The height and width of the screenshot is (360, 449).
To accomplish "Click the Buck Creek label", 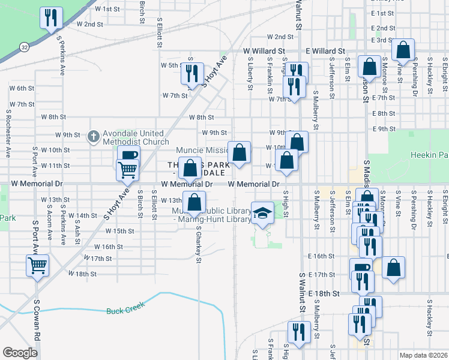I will click(x=125, y=311).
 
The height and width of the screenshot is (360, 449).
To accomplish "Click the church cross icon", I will click(x=93, y=137).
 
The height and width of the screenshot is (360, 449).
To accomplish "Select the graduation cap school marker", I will click(x=262, y=214).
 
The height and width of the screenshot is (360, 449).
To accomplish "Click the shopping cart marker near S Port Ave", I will click(x=37, y=265).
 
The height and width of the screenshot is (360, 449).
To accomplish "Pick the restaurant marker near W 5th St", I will click(x=192, y=73).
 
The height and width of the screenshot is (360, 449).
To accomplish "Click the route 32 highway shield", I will click(x=23, y=46).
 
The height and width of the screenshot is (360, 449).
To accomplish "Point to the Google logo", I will click(x=20, y=353).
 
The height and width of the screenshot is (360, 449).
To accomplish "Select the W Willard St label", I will click(x=263, y=52).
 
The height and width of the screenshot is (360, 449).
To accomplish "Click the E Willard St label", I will click(x=325, y=52).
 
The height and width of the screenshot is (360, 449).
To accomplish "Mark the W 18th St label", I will click(x=82, y=274).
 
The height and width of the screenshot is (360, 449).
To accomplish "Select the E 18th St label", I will click(x=324, y=294).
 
